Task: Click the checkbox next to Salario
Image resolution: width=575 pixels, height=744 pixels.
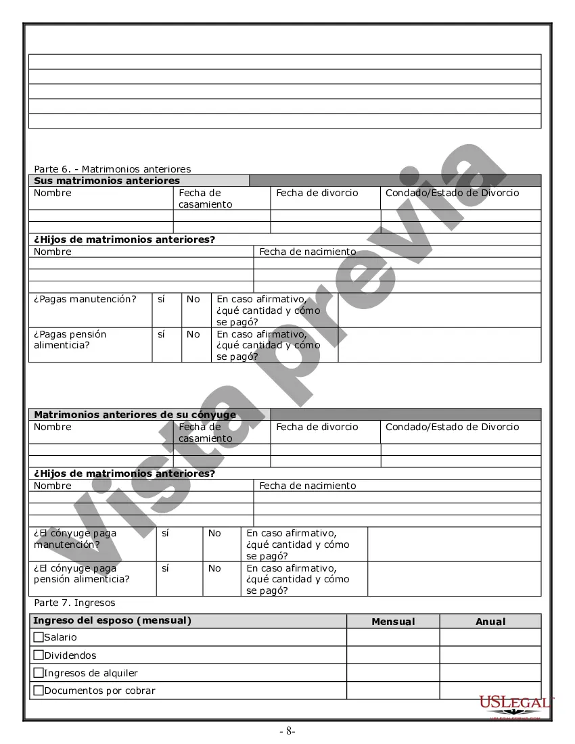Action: point(39,637)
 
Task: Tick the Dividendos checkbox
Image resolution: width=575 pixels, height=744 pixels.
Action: point(39,655)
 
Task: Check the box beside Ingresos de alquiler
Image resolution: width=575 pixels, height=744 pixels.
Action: point(39,673)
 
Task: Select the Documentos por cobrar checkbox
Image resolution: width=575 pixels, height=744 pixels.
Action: point(39,691)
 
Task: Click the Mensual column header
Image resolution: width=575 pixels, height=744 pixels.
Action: point(393,622)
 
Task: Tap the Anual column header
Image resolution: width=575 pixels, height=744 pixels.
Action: point(490,622)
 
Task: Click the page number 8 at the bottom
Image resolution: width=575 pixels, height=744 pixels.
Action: point(287,731)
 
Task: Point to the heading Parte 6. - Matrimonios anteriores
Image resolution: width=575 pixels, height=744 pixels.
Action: point(112,169)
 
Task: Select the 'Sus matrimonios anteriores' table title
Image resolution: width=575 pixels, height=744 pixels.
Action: point(107,181)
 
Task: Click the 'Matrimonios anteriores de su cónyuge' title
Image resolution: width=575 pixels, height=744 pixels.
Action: point(135,415)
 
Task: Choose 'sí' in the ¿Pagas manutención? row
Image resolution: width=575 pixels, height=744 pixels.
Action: point(161,299)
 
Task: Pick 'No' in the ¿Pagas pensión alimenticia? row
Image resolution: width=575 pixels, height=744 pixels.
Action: point(193,334)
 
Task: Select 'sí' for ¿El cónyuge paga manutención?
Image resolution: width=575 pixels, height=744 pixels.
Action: point(166,533)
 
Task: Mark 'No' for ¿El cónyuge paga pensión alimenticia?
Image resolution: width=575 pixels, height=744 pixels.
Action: point(214,568)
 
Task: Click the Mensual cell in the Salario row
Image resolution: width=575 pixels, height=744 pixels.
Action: point(393,637)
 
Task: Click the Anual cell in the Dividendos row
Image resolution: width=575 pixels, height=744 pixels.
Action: point(490,655)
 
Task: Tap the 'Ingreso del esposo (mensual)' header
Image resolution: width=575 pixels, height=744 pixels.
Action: point(112,621)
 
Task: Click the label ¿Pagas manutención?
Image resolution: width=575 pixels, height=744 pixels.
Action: point(85,299)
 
